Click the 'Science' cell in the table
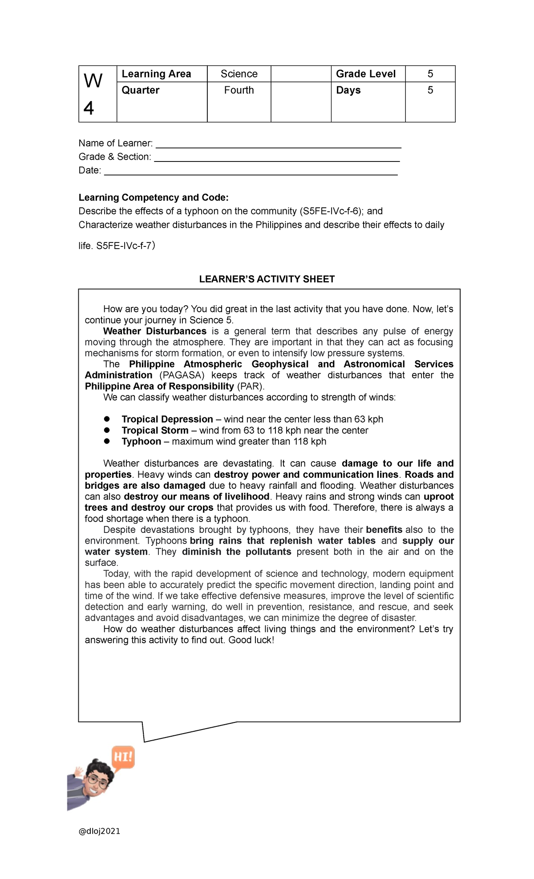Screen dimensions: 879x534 (239, 74)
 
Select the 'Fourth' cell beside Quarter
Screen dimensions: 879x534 (239, 90)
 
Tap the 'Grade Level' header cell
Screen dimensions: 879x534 (365, 74)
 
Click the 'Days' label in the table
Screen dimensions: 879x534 (348, 90)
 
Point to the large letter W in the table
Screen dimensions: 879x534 (93, 81)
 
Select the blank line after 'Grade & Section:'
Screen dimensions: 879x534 (276, 158)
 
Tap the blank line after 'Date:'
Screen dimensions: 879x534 (251, 172)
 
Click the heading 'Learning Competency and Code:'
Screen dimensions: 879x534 (154, 198)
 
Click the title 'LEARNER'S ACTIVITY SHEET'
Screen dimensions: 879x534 (267, 279)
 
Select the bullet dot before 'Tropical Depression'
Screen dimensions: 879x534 (107, 419)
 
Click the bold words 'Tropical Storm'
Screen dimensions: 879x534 (155, 431)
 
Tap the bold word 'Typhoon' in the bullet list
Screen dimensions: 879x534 (141, 442)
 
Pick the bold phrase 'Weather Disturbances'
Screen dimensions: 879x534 (154, 331)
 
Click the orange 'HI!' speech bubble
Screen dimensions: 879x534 (123, 757)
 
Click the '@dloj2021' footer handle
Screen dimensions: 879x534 (99, 831)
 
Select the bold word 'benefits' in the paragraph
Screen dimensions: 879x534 (384, 530)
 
